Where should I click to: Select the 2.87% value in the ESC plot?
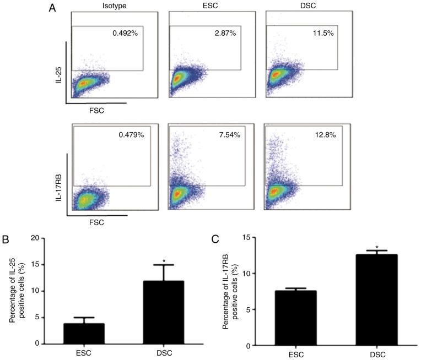[223, 33]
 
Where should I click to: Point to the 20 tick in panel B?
[34, 238]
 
